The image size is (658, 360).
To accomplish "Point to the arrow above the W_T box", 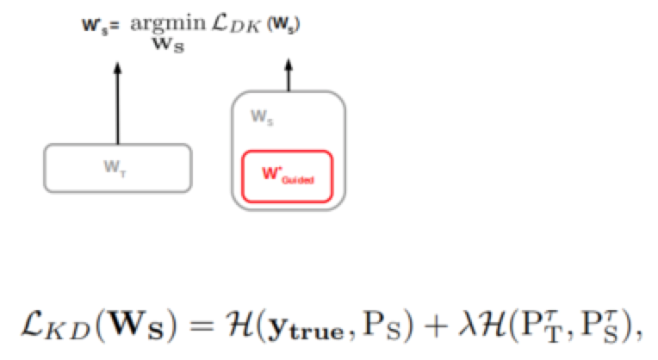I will (118, 102).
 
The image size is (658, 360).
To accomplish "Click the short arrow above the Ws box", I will (288, 75).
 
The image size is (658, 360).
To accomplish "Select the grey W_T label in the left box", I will (118, 169).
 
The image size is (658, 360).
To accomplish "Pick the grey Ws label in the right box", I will (258, 115).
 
